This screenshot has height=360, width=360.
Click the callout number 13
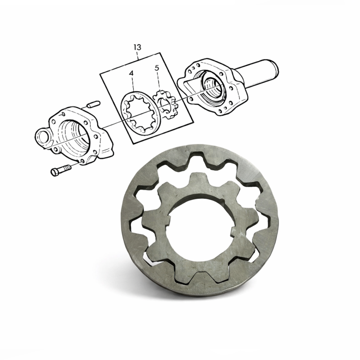137,47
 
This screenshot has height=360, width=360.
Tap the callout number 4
131,73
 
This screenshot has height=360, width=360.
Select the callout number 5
157,68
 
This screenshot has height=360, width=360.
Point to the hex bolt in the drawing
61,170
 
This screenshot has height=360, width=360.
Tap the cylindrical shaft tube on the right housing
257,72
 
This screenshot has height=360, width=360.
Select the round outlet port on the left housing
42,138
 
